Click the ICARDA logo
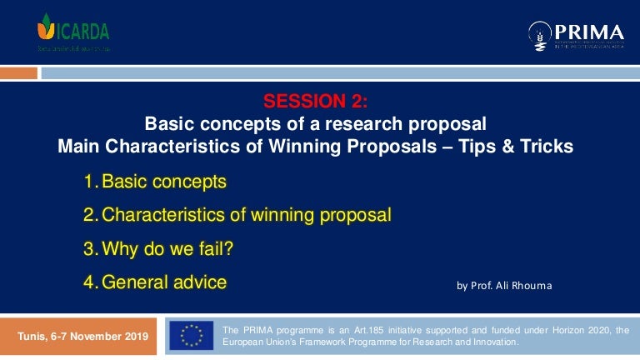point(73,32)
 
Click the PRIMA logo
point(576,34)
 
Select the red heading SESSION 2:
point(315,102)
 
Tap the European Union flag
point(191,336)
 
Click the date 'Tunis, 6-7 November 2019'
point(83,337)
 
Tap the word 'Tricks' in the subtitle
point(547,147)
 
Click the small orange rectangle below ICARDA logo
point(18,73)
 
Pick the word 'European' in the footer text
point(247,342)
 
